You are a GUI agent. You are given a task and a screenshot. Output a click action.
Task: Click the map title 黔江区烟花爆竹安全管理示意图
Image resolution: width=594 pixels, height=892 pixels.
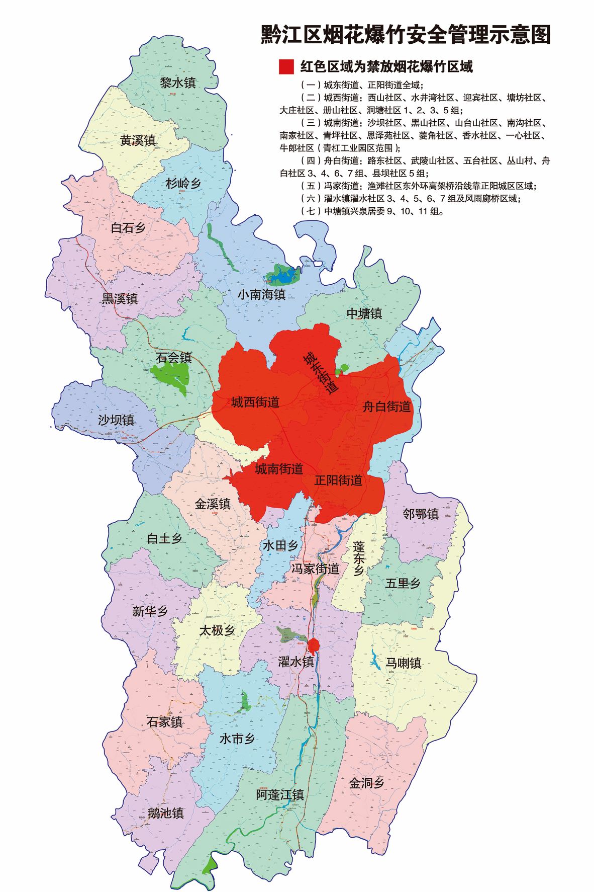coord(406,35)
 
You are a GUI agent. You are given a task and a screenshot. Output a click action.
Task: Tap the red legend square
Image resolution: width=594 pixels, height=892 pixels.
coord(286,66)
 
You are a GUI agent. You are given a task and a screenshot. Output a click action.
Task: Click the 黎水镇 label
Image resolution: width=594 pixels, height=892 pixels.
coord(178,83)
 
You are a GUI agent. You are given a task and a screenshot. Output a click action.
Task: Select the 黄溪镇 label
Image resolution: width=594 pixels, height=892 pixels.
coord(138,140)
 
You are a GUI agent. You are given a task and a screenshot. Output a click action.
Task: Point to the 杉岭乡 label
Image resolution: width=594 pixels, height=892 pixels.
coord(183,184)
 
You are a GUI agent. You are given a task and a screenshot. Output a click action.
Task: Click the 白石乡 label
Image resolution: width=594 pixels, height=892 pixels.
coord(128,228)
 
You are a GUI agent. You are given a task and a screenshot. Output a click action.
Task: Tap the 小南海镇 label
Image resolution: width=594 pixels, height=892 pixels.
coord(261,294)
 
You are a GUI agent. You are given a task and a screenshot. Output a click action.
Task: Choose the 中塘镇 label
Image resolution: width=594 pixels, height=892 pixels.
coord(364,313)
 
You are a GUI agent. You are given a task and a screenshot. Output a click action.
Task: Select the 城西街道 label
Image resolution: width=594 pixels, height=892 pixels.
coord(255,402)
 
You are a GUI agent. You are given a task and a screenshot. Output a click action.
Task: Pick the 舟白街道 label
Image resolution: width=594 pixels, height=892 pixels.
coord(386,407)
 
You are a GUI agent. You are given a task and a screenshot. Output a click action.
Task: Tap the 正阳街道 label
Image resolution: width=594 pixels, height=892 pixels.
coord(338,480)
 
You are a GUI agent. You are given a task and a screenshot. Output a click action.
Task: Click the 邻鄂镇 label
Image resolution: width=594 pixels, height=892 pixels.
coord(421,514)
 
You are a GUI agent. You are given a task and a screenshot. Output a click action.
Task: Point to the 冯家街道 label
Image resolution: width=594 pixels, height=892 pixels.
coord(316,569)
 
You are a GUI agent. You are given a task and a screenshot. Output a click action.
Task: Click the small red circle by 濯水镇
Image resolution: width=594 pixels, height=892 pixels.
coord(314,645)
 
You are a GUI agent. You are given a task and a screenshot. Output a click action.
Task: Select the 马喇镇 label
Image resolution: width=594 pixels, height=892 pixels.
coord(403,663)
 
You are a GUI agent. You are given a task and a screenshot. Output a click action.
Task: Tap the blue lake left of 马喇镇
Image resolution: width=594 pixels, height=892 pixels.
coord(375,660)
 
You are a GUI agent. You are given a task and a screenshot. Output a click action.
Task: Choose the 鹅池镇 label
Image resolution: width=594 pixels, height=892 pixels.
coord(166,813)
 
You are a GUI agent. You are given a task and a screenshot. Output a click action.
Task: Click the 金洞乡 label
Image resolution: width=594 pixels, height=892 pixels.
coord(367,783)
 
